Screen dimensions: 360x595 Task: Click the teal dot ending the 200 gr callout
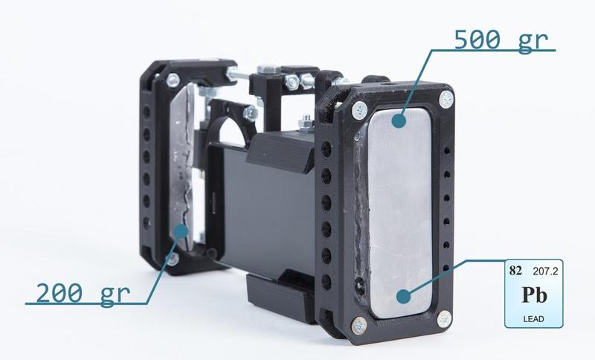179,231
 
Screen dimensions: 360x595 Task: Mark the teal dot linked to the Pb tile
403,296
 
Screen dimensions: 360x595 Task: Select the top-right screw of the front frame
446,98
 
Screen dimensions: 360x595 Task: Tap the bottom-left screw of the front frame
358,325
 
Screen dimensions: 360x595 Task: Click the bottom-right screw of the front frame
444,319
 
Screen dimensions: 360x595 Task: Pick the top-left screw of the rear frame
173,79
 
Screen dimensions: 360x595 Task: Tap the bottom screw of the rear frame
173,259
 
